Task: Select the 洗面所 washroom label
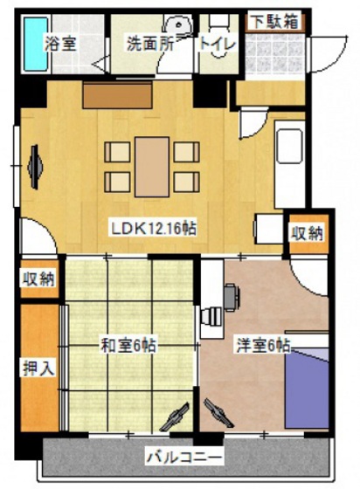tap(149, 43)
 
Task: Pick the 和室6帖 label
tap(127, 344)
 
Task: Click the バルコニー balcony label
tap(183, 457)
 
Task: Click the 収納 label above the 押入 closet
tap(38, 279)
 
